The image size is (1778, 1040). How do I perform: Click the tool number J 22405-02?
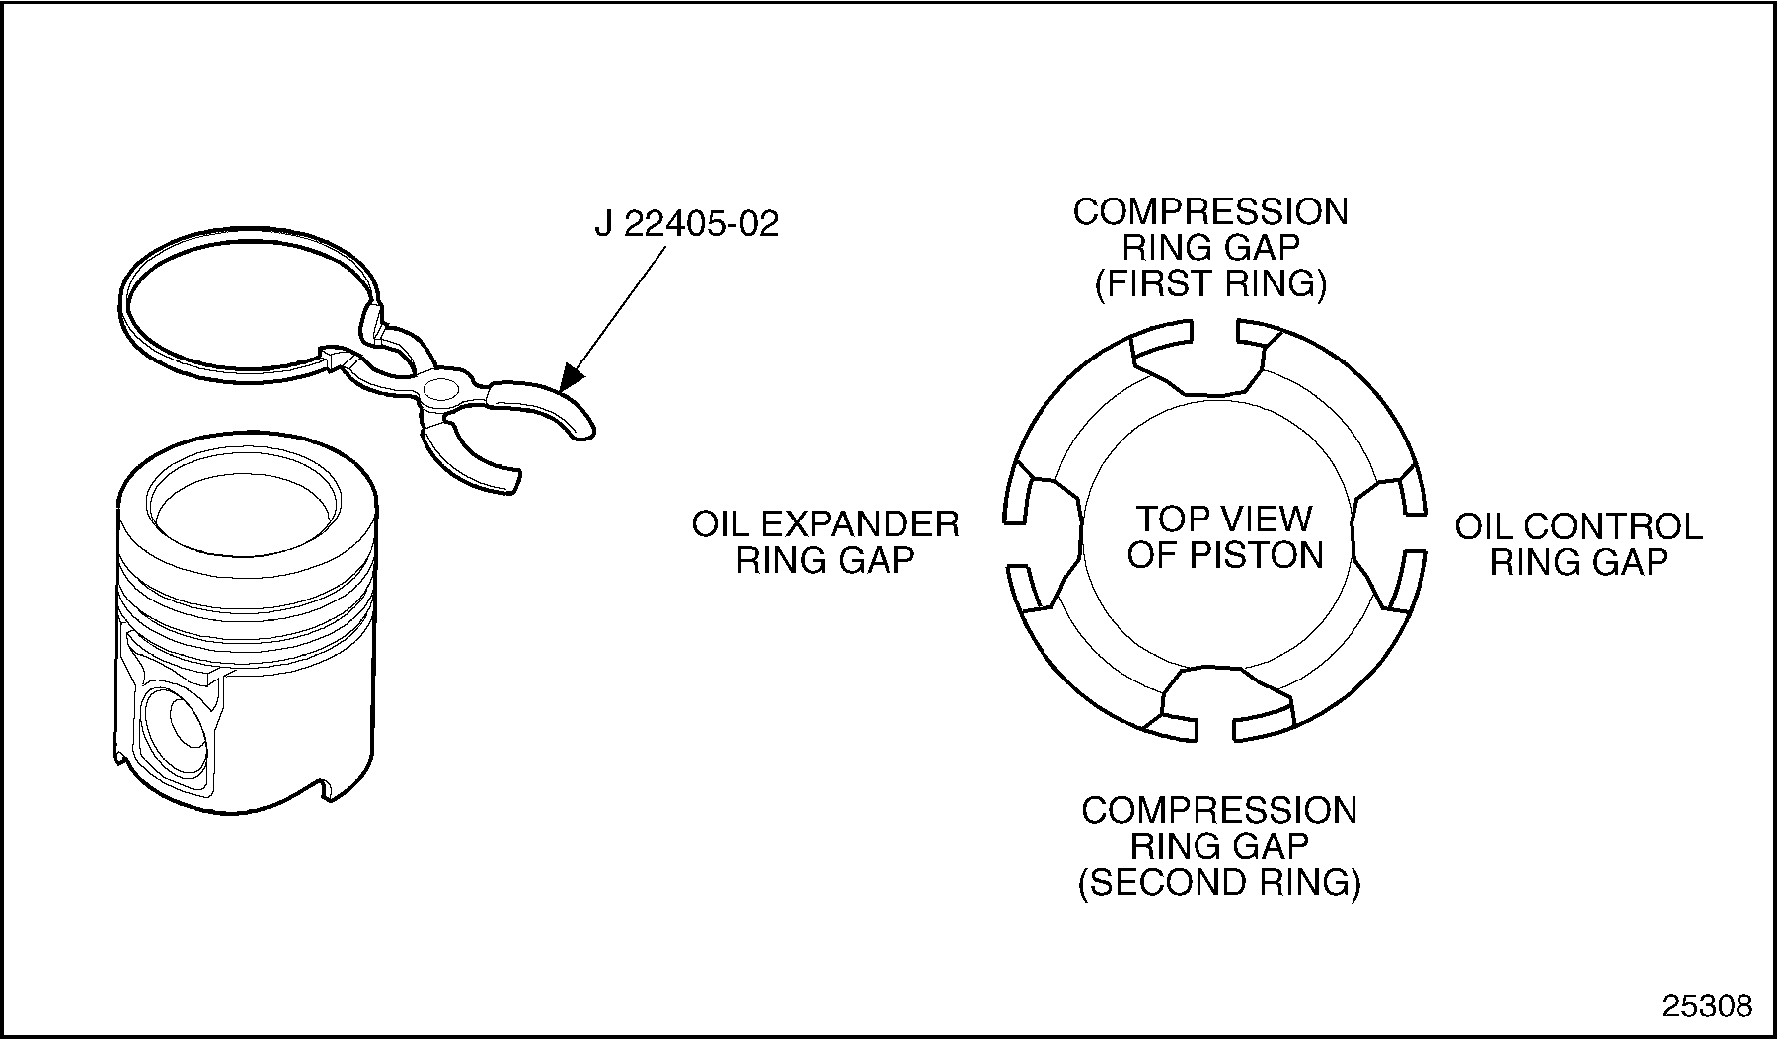[x=686, y=223]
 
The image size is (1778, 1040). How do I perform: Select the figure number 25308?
[x=1708, y=1005]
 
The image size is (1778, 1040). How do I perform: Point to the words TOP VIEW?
[x=1224, y=519]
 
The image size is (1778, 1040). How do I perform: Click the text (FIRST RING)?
[x=1210, y=284]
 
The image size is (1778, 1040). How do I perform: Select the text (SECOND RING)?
[x=1219, y=882]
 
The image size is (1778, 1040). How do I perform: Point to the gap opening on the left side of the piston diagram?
[x=1018, y=541]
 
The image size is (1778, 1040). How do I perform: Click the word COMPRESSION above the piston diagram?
[x=1210, y=212]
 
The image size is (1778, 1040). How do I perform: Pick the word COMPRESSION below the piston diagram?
[x=1219, y=811]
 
